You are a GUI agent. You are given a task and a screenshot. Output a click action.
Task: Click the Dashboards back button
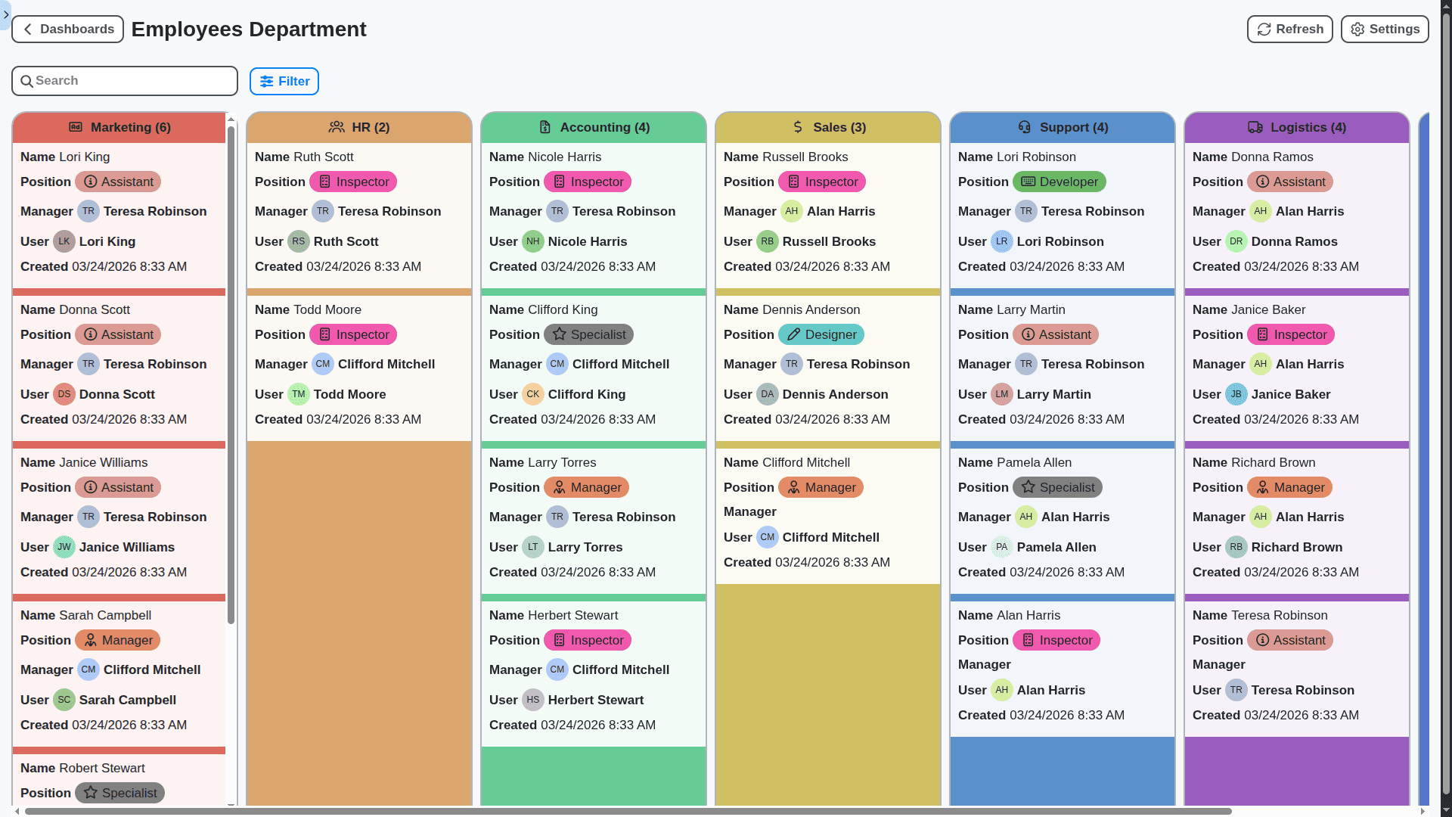[x=68, y=30]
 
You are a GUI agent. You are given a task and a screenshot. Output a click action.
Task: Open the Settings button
[x=1384, y=30]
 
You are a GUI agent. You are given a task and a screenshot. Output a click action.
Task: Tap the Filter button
[x=284, y=81]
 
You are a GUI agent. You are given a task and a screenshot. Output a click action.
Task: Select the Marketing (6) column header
[x=119, y=128]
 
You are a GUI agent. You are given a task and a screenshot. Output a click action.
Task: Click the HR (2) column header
[x=359, y=128]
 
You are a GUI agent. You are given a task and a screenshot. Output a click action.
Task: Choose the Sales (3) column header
[x=828, y=128]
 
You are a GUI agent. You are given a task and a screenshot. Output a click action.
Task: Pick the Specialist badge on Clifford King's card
[x=588, y=335]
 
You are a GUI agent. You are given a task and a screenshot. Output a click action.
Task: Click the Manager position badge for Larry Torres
[x=586, y=488]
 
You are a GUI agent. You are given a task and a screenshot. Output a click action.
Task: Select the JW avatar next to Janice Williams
[x=64, y=547]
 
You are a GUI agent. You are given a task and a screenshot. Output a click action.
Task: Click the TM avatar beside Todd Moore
[x=299, y=394]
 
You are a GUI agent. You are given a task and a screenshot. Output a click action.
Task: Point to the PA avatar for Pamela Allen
[x=1001, y=547]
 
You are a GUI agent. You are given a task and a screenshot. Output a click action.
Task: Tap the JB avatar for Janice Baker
[x=1236, y=394]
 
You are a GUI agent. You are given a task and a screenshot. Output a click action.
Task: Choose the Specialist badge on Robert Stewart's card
[x=119, y=793]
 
